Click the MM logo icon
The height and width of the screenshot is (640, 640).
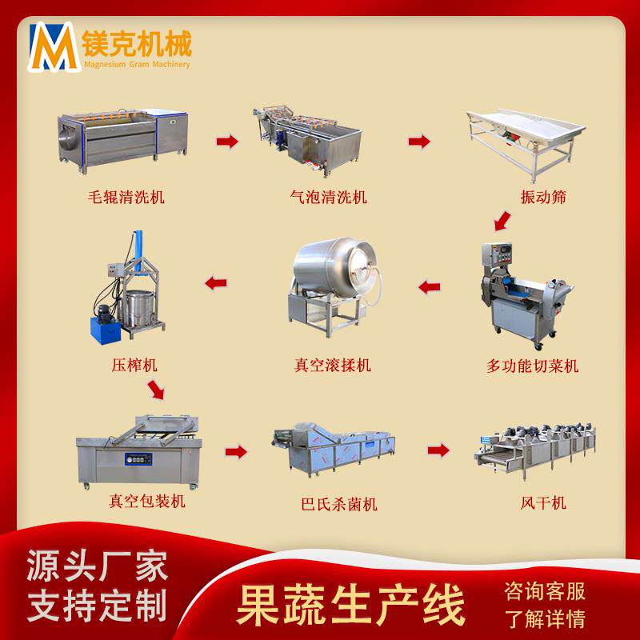54,47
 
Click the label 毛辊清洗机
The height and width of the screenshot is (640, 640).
126,197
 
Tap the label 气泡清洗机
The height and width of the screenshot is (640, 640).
328,197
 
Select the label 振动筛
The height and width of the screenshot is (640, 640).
543,197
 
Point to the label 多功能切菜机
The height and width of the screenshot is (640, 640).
532,366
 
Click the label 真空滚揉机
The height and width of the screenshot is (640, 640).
333,365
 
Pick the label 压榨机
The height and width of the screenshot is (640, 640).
134,365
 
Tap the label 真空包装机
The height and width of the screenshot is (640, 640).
147,502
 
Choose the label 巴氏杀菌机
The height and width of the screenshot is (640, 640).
338,504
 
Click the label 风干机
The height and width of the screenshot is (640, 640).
543,502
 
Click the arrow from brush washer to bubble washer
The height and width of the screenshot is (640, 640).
227,142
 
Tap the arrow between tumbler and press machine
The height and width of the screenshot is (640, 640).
216,283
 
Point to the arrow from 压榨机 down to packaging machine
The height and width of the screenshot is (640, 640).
156,390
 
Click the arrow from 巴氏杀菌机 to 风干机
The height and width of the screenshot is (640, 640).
438,450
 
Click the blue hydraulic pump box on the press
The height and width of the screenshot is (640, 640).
106,330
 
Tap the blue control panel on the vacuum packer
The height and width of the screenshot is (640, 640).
138,458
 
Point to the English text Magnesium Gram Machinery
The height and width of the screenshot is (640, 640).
137,64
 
